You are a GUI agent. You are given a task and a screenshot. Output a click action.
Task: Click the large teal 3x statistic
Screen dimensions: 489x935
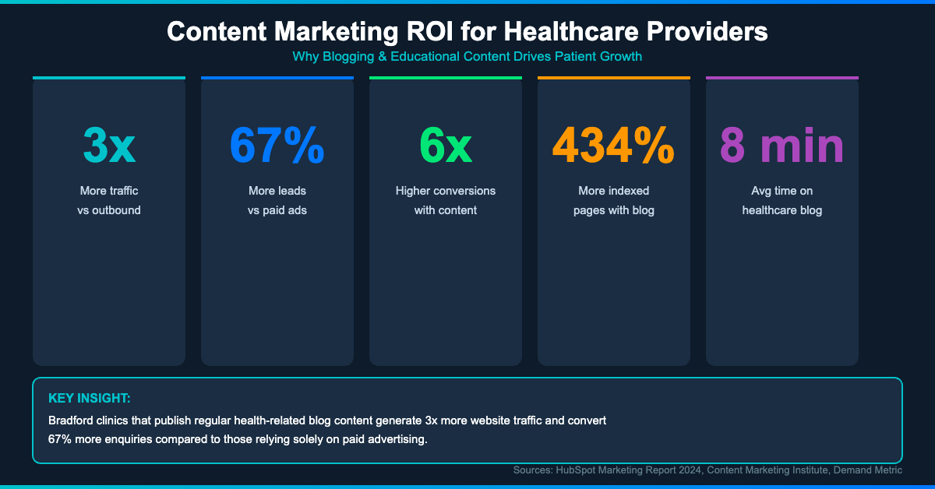tap(109, 146)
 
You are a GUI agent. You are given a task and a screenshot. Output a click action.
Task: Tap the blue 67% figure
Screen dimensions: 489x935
tap(277, 146)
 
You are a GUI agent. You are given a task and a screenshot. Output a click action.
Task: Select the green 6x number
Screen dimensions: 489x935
tap(446, 146)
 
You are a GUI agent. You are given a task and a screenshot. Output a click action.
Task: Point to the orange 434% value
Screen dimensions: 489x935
tap(613, 146)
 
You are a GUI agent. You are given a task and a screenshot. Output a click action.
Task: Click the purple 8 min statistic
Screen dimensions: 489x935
tap(782, 146)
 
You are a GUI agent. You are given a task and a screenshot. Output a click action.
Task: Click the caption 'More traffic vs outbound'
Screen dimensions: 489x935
tap(109, 200)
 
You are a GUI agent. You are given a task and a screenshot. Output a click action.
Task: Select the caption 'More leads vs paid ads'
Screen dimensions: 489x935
tap(277, 200)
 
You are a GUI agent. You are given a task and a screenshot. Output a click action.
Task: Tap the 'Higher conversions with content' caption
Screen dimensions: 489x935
tap(446, 200)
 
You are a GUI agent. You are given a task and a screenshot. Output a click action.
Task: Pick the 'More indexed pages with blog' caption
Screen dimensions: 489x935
tap(613, 200)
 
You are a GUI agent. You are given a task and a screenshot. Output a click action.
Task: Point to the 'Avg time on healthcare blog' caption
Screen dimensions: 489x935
tap(782, 200)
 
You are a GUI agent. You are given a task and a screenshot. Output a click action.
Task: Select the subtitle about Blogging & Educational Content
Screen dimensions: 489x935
tap(467, 57)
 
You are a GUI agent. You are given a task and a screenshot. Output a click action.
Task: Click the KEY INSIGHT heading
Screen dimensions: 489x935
tap(89, 398)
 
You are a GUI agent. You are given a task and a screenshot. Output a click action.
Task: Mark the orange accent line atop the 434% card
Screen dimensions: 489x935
tap(613, 78)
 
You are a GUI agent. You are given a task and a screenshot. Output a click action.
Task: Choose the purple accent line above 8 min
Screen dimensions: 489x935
tap(782, 78)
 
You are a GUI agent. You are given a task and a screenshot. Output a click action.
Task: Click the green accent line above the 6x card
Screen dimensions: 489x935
tap(446, 78)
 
